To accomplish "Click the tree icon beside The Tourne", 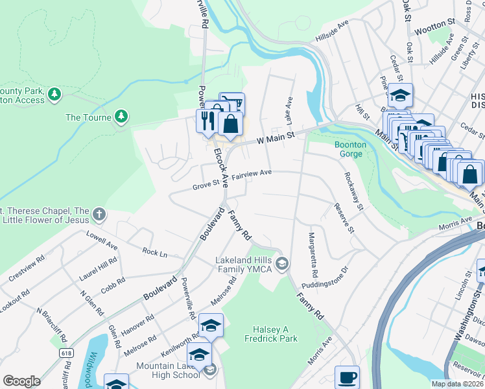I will pos(120,117).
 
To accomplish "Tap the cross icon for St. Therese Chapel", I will pos(99,213).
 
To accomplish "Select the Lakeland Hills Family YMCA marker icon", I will pos(281,263).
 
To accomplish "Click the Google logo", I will pos(21,381).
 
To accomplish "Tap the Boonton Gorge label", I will pos(350,149).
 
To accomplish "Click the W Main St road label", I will pos(276,137).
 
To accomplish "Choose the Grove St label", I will pos(206,187).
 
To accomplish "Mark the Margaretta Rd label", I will pos(313,252).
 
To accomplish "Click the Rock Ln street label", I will pos(154,252).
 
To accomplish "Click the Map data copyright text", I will pos(457,384).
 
